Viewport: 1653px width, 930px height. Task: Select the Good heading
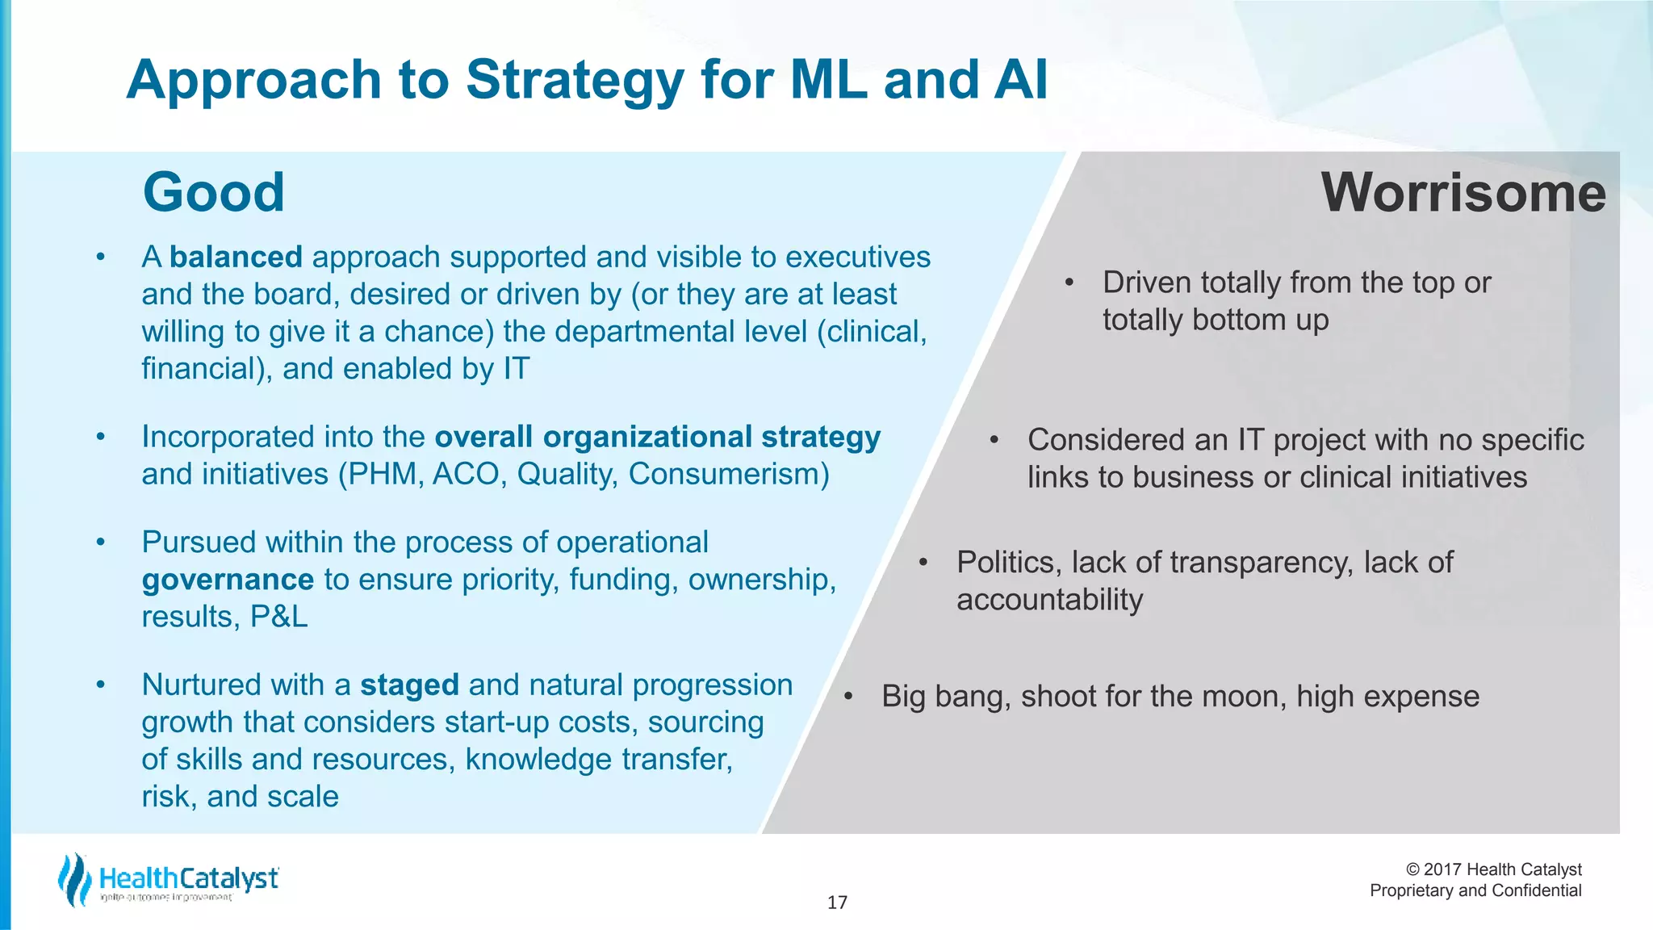[213, 193]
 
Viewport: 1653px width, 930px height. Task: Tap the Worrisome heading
[1463, 193]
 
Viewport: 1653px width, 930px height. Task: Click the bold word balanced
[236, 258]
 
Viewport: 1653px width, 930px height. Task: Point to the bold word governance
[228, 580]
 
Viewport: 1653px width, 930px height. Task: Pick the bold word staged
[409, 685]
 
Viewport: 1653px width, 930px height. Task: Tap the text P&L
[279, 617]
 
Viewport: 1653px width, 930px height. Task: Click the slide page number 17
[837, 903]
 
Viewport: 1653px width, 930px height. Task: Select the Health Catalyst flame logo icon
[74, 880]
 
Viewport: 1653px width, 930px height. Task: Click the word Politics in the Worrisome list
[1008, 563]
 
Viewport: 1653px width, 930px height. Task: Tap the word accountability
[1049, 600]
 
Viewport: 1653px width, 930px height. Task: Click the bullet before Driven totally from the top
[1069, 283]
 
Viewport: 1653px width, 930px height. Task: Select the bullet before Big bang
[847, 697]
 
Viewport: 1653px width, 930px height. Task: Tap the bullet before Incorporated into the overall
[100, 438]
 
